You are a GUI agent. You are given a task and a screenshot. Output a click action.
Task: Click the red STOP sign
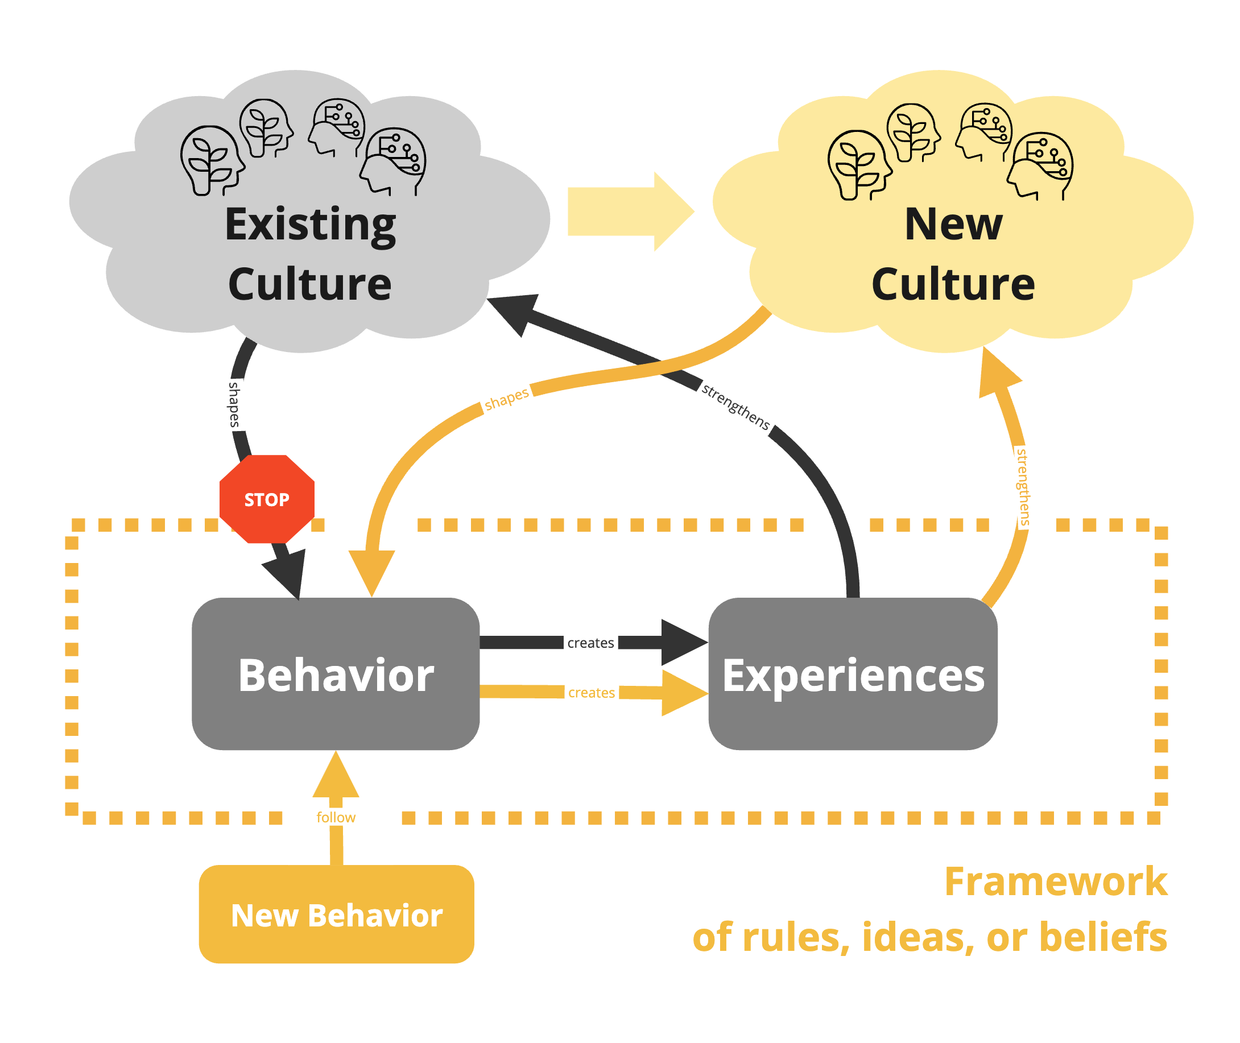pyautogui.click(x=267, y=499)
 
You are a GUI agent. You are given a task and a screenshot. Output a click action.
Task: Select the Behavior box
pyautogui.click(x=335, y=674)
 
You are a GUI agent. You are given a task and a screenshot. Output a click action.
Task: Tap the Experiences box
pyautogui.click(x=853, y=674)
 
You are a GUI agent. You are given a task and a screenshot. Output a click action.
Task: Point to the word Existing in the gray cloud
pyautogui.click(x=311, y=225)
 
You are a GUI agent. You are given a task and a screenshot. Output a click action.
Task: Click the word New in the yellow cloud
pyautogui.click(x=953, y=225)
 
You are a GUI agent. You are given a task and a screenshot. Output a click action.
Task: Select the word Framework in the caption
pyautogui.click(x=1055, y=881)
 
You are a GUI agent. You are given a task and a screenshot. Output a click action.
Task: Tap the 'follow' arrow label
pyautogui.click(x=336, y=817)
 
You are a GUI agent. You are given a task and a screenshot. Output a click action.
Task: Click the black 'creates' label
pyautogui.click(x=590, y=643)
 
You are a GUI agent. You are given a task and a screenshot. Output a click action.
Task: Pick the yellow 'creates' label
pyautogui.click(x=591, y=692)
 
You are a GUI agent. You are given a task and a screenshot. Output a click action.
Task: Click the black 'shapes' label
pyautogui.click(x=235, y=404)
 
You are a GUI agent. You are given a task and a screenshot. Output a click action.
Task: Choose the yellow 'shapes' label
pyautogui.click(x=506, y=399)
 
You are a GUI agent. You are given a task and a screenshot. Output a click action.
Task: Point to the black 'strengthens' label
pyautogui.click(x=735, y=407)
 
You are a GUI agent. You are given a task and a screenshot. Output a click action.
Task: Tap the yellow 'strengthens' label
pyautogui.click(x=1022, y=487)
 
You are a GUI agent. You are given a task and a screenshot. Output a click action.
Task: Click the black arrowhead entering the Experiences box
pyautogui.click(x=682, y=642)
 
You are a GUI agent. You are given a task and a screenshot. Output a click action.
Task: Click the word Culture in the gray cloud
pyautogui.click(x=309, y=284)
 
